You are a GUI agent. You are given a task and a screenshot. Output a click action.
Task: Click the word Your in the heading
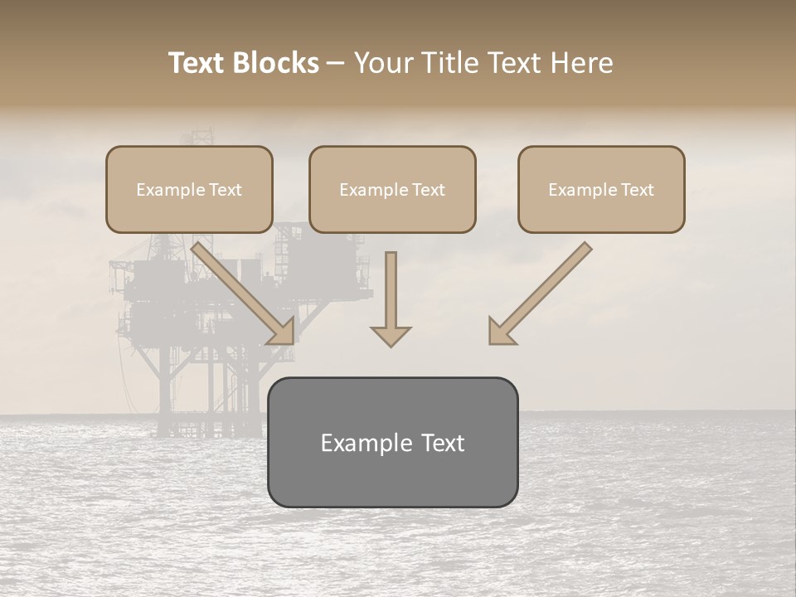[x=382, y=63]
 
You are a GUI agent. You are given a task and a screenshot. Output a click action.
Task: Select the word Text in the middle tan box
[x=429, y=190]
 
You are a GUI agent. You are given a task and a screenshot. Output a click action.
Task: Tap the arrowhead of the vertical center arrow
[x=391, y=336]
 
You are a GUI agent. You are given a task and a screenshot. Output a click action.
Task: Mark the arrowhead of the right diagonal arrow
[x=500, y=332]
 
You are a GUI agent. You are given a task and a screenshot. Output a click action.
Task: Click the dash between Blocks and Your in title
[x=336, y=64]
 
